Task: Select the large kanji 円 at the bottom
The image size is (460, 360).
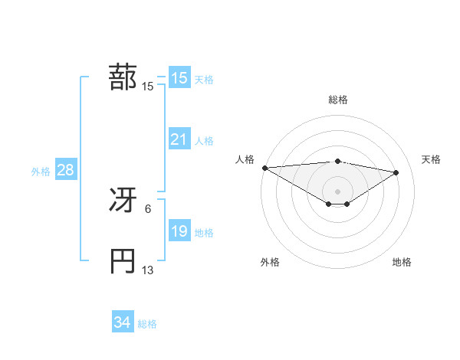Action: click(123, 261)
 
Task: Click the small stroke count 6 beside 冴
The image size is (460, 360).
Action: click(148, 208)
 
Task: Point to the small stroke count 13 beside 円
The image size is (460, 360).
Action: click(148, 270)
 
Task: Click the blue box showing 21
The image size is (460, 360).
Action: click(179, 139)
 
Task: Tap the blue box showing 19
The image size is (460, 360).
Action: click(179, 231)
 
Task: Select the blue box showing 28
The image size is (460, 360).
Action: click(65, 170)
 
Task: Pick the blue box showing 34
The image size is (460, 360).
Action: click(122, 322)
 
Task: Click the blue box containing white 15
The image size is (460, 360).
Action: click(179, 78)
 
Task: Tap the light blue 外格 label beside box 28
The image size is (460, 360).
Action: click(41, 172)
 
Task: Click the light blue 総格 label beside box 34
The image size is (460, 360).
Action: click(147, 324)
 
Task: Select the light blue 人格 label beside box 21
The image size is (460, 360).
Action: click(204, 141)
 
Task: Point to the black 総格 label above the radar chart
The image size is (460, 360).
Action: click(337, 100)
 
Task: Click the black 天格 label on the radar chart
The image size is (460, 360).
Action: click(432, 159)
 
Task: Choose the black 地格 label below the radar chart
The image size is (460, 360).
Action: click(402, 262)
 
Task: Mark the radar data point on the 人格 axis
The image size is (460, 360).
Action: click(264, 168)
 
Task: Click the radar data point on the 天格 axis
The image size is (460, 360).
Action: click(396, 172)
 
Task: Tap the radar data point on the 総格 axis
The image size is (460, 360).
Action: click(337, 161)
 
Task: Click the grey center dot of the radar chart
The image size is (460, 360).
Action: click(337, 191)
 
